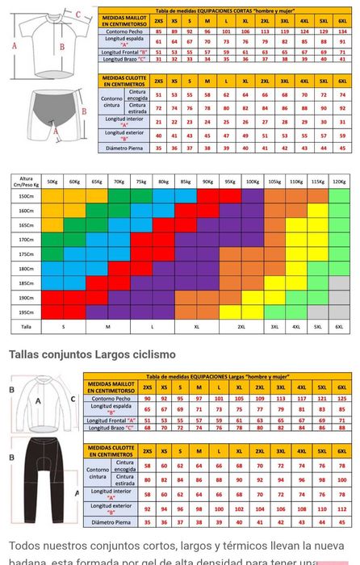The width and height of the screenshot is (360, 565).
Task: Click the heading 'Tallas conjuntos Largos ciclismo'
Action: pyautogui.click(x=92, y=354)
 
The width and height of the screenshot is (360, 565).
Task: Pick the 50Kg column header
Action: pyautogui.click(x=52, y=182)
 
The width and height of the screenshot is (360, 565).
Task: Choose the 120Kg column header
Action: pyautogui.click(x=339, y=182)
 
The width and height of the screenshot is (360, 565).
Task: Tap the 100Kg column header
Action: pyautogui.click(x=253, y=182)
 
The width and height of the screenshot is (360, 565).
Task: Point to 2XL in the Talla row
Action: pyautogui.click(x=241, y=327)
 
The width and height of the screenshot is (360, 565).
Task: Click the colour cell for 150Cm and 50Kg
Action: pyautogui.click(x=52, y=196)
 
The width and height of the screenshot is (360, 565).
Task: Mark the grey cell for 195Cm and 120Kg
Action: pyautogui.click(x=339, y=312)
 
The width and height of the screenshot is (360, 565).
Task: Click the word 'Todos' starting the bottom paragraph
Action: pyautogui.click(x=25, y=546)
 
